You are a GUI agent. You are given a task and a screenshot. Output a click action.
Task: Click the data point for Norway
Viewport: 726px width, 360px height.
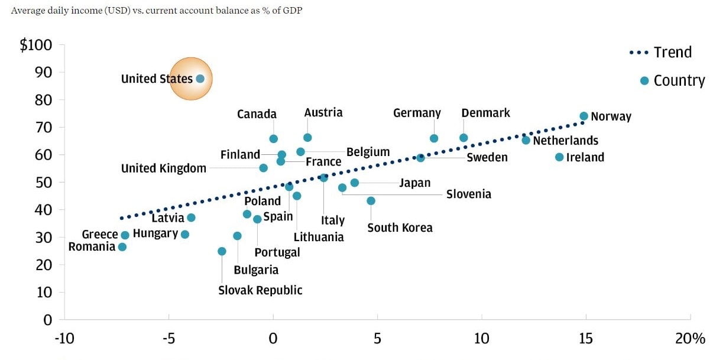click(x=584, y=116)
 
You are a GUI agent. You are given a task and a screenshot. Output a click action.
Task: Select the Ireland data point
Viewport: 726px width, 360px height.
click(x=559, y=157)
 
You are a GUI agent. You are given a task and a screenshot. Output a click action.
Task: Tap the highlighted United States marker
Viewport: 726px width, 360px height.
click(x=200, y=79)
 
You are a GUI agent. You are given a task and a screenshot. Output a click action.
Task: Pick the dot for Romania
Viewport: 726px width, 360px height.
click(x=122, y=247)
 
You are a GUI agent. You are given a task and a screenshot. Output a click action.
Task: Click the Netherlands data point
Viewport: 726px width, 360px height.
click(x=526, y=140)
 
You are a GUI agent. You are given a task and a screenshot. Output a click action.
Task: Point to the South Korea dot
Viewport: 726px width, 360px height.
click(x=371, y=200)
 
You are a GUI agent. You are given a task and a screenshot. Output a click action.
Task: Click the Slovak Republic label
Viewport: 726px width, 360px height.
click(x=260, y=290)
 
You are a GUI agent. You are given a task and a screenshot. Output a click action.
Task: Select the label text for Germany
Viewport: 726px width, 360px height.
click(x=417, y=113)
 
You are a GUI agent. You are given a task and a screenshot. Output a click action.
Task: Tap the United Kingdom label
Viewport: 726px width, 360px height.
click(x=164, y=168)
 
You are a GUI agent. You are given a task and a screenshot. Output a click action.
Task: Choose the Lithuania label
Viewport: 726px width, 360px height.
click(x=319, y=237)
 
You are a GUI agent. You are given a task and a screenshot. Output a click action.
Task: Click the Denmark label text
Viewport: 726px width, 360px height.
click(x=485, y=113)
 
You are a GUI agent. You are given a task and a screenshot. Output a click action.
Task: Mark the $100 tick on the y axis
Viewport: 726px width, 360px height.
click(x=36, y=45)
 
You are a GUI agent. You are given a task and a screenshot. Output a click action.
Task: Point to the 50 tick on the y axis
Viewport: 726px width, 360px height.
click(x=44, y=182)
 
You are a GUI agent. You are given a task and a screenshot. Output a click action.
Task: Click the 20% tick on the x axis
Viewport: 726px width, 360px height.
click(x=691, y=339)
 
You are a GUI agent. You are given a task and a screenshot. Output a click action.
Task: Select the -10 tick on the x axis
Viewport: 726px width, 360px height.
click(x=64, y=339)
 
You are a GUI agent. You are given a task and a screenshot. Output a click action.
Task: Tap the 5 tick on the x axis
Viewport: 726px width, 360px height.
click(x=377, y=339)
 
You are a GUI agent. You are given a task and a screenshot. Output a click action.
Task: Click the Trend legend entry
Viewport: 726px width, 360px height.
click(x=672, y=53)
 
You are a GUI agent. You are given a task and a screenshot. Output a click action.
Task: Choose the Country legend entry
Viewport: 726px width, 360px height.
click(x=679, y=81)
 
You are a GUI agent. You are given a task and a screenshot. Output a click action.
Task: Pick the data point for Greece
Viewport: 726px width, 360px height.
click(x=125, y=235)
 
